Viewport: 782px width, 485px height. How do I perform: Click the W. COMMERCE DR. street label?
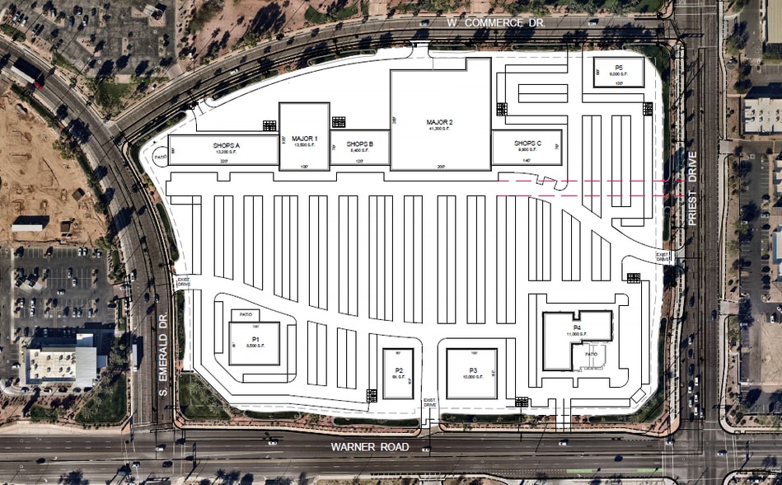496,24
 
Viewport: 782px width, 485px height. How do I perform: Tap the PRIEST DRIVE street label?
692,189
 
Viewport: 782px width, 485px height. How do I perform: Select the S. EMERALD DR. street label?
164,356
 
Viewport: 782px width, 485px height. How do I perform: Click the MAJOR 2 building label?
440,122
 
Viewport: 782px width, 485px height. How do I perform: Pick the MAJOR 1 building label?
304,138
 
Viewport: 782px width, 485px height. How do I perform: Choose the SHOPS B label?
360,144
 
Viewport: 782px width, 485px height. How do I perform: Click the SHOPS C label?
527,144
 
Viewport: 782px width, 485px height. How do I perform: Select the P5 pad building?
619,70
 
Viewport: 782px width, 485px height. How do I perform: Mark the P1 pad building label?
255,339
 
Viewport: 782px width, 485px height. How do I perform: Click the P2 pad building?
398,373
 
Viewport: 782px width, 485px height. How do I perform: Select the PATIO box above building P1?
244,314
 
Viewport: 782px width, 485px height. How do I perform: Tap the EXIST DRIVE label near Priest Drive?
663,257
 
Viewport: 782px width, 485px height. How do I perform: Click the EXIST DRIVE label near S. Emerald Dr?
183,283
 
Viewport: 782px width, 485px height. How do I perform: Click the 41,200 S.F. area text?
440,129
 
